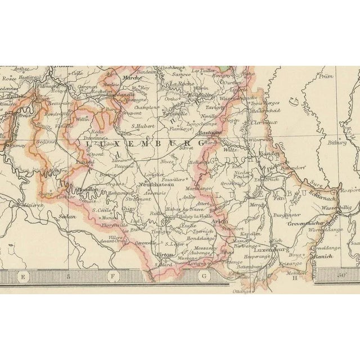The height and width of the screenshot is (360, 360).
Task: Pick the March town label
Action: click(x=130, y=78)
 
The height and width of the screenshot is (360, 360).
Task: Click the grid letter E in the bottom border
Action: click(x=23, y=276)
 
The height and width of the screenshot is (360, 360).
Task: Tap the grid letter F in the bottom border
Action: click(x=112, y=276)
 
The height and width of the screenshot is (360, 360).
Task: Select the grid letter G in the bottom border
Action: click(x=205, y=276)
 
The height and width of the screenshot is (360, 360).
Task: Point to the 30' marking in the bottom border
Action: click(x=343, y=276)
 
